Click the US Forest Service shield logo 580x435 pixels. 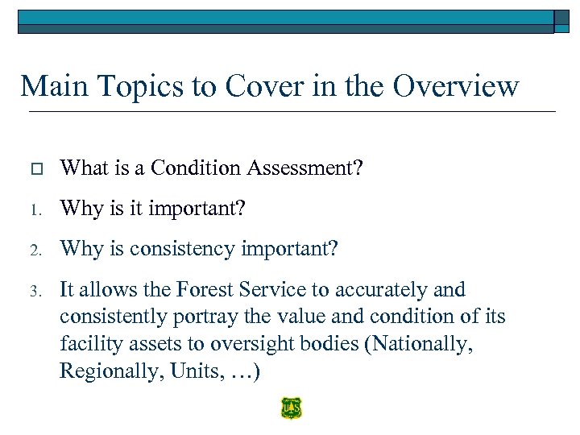[x=291, y=408]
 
